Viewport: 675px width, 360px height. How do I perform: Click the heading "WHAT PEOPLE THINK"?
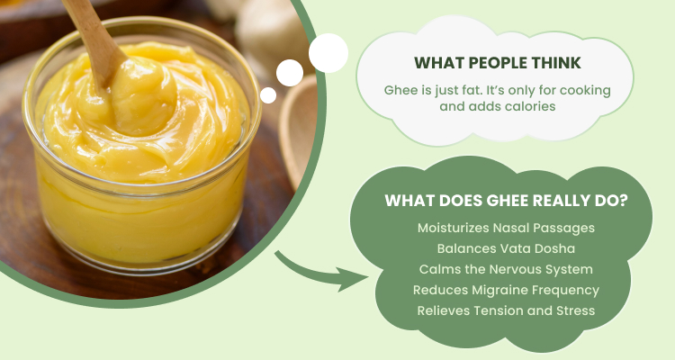pos(498,63)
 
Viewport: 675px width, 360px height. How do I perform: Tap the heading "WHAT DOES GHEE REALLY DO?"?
pos(506,201)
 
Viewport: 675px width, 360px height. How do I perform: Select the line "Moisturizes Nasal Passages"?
pos(506,228)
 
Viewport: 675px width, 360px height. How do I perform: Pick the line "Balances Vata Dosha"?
pos(506,248)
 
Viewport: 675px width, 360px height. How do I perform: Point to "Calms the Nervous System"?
pos(506,270)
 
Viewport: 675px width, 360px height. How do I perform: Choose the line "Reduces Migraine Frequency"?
pos(506,290)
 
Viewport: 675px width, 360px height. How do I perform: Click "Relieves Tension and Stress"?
pos(506,310)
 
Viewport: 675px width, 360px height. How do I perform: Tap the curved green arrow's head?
pos(353,279)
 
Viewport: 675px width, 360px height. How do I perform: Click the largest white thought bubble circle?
pos(328,53)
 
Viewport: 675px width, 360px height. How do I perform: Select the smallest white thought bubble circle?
pos(268,95)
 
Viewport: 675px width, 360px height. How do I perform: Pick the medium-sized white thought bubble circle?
pos(290,73)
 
